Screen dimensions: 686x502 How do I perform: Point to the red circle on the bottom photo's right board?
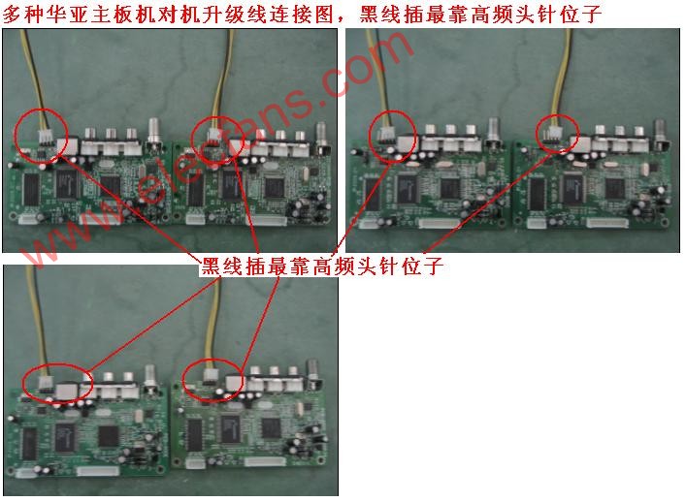pyautogui.click(x=183, y=379)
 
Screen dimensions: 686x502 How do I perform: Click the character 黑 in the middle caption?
pyautogui.click(x=210, y=266)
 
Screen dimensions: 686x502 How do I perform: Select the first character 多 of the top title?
pyautogui.click(x=13, y=14)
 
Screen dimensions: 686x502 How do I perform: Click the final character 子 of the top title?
pyautogui.click(x=592, y=14)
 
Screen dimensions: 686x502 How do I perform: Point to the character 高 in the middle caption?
pyautogui.click(x=321, y=266)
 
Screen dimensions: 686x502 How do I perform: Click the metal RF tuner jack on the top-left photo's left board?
pyautogui.click(x=154, y=130)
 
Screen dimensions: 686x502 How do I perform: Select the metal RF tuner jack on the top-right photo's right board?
pyautogui.click(x=661, y=130)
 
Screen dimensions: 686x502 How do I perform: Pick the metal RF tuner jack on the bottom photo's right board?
pyautogui.click(x=313, y=371)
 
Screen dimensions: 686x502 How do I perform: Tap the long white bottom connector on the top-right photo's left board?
pyautogui.click(x=440, y=224)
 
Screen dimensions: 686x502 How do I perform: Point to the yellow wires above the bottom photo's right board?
pyautogui.click(x=214, y=324)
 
